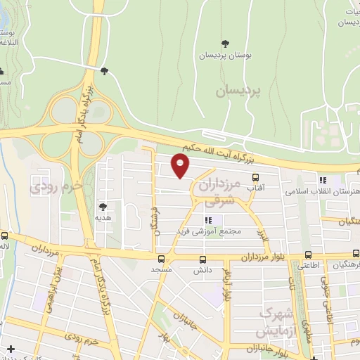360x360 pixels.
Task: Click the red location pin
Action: click(x=181, y=166)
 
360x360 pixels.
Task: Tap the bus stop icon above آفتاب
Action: click(x=255, y=179)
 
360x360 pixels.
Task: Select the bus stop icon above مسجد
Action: click(x=162, y=259)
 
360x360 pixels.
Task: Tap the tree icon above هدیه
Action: click(x=103, y=207)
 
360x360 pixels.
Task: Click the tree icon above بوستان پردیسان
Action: click(x=224, y=44)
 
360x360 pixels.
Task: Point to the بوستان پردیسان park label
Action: click(x=224, y=55)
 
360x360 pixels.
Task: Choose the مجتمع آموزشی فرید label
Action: click(x=212, y=231)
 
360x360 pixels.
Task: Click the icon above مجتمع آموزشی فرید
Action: click(x=207, y=221)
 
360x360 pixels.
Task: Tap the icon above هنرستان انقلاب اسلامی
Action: click(x=323, y=179)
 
